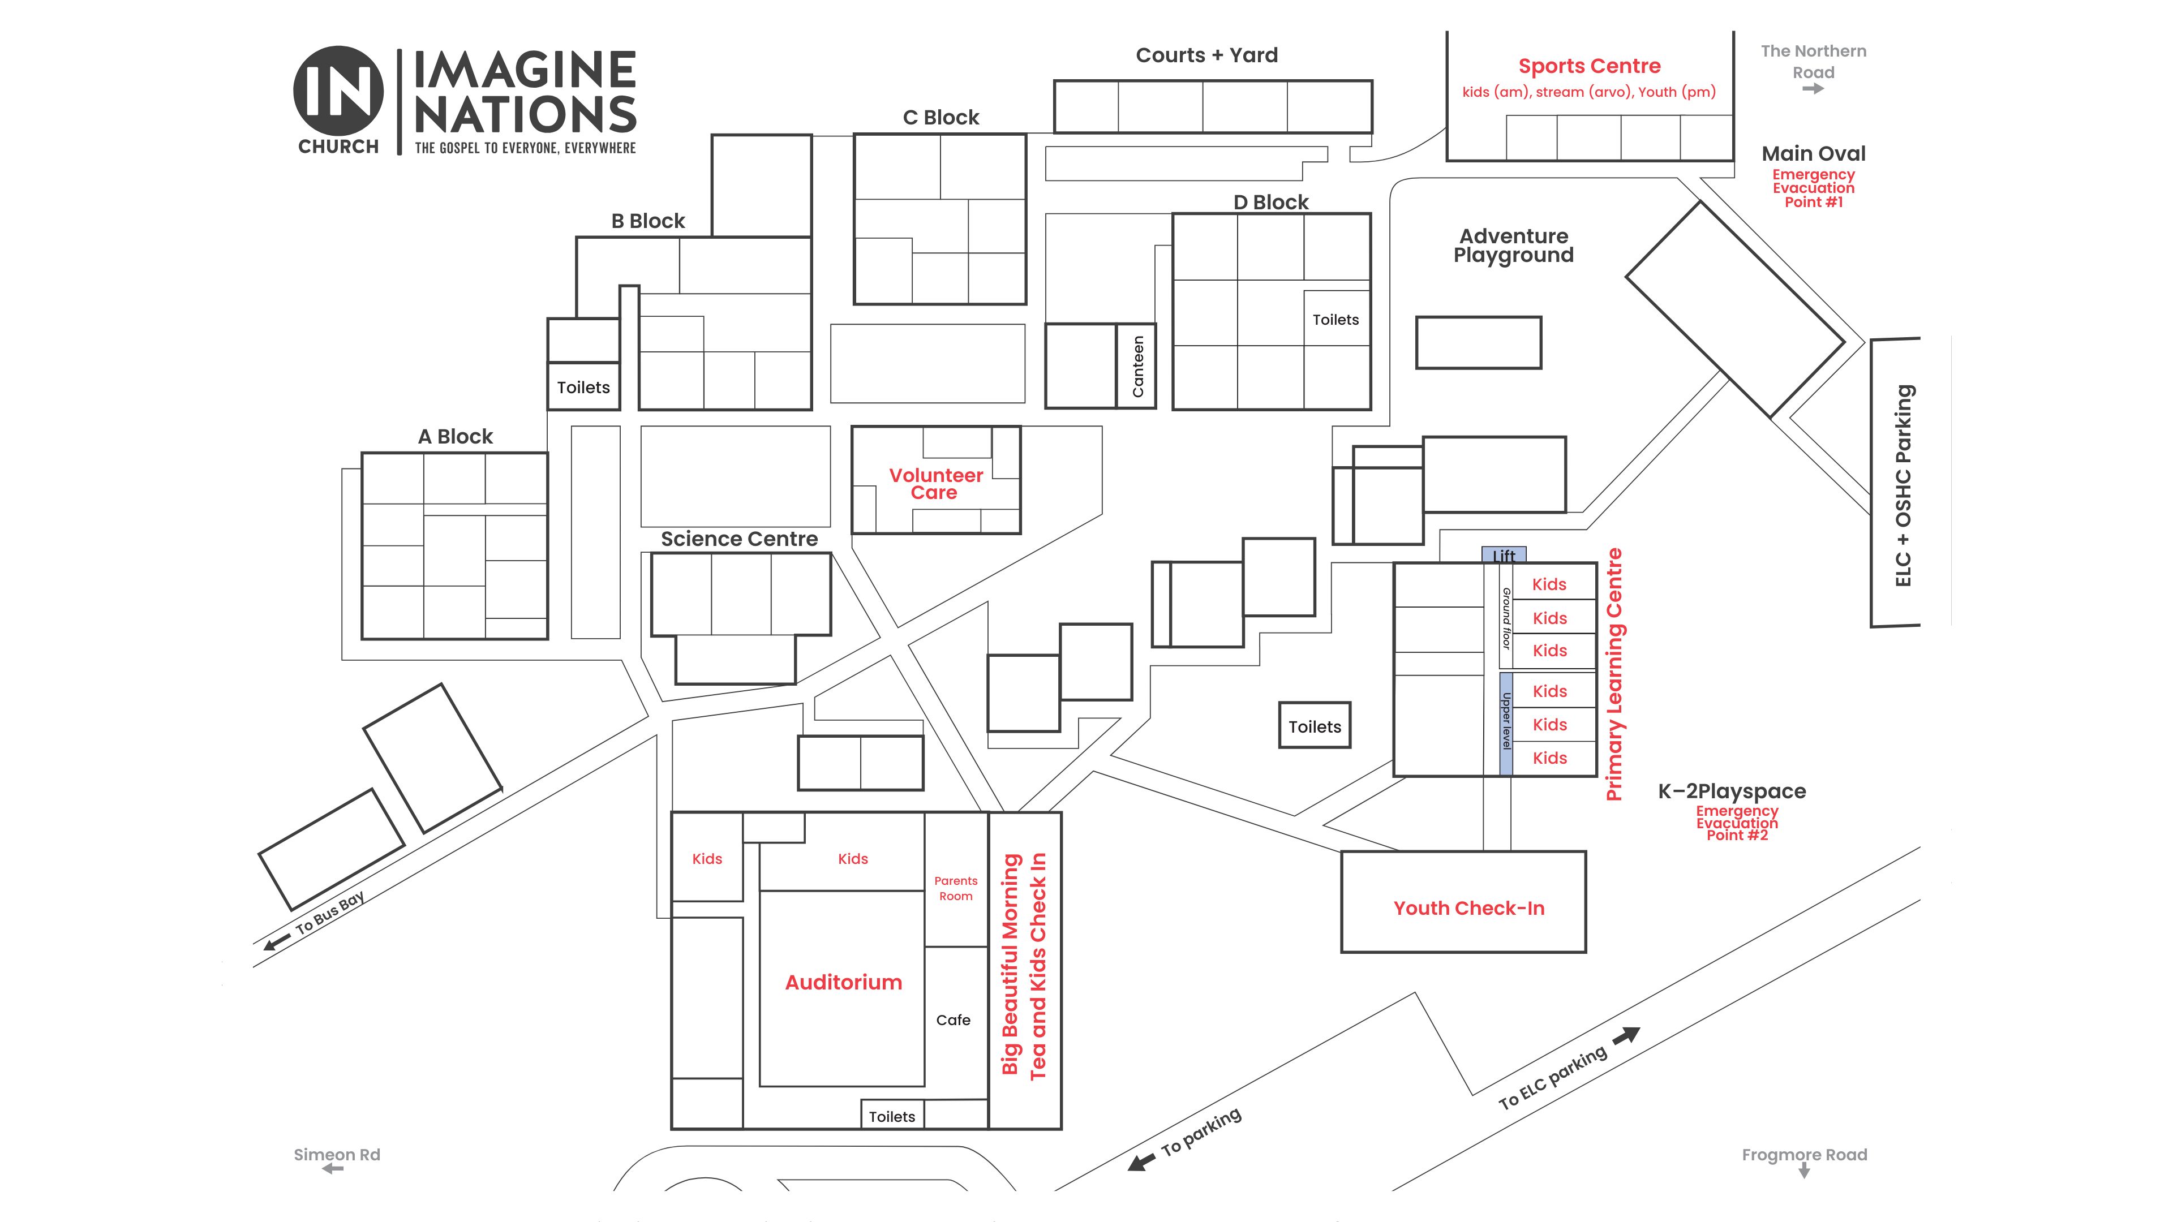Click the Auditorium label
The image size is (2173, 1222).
coord(844,983)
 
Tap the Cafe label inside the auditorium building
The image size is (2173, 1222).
coord(953,1021)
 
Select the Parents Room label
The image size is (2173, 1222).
coord(956,888)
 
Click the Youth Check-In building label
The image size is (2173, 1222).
coord(1468,908)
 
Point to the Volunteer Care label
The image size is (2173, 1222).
coord(935,484)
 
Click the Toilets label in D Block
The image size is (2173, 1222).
coord(1335,320)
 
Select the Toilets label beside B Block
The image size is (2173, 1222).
coord(583,388)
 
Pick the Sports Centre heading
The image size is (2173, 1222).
coord(1589,66)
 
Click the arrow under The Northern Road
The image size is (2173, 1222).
coord(1813,89)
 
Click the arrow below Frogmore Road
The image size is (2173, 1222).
coord(1805,1172)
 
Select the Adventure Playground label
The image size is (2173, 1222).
coord(1513,246)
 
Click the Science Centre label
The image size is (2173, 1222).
coord(739,539)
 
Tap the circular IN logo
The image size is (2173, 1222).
coord(338,91)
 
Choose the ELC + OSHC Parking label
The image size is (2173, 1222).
coord(1903,485)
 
